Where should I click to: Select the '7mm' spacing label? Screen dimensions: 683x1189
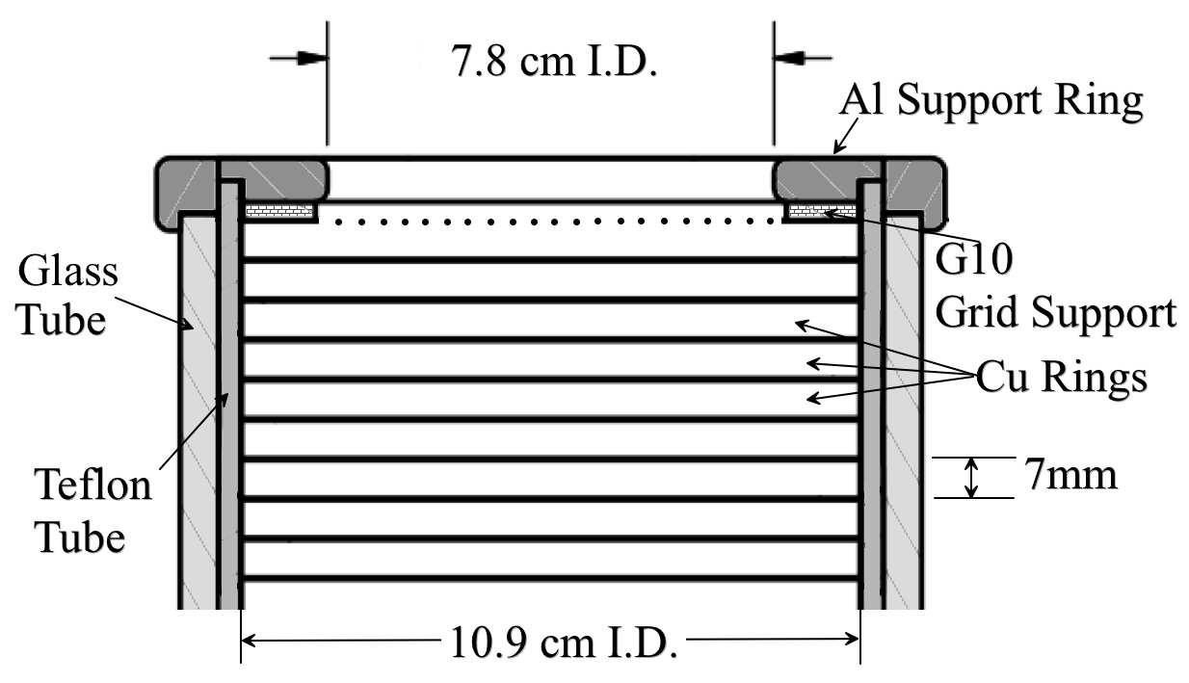coord(1070,476)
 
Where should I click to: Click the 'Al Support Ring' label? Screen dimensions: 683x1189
coord(992,100)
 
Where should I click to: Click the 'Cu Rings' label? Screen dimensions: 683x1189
coord(1061,378)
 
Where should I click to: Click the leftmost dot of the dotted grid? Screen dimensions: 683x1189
coord(338,222)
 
